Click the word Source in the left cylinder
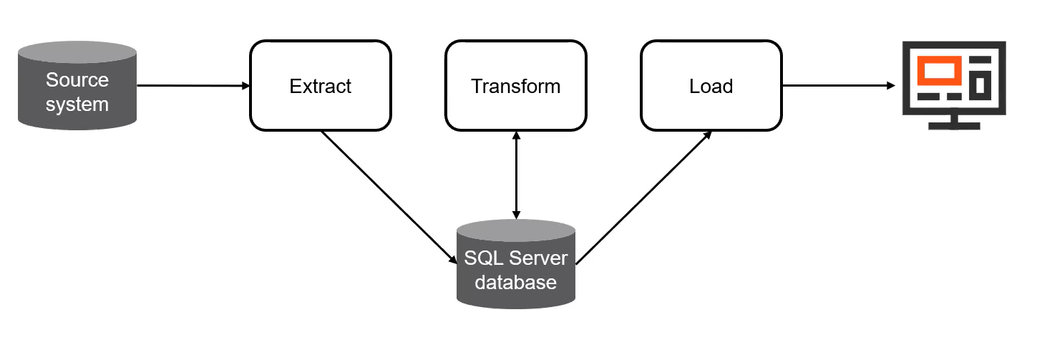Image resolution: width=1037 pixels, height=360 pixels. tap(77, 79)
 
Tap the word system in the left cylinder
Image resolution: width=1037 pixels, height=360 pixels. tap(77, 104)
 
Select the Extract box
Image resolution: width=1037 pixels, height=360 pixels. tap(320, 87)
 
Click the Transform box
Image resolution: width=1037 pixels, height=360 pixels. tap(515, 87)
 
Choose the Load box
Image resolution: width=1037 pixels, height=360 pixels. tap(711, 87)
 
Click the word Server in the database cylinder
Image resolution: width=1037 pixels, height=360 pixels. tap(537, 258)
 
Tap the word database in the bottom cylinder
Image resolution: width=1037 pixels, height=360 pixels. tap(515, 283)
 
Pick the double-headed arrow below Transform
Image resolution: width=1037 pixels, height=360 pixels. tap(515, 175)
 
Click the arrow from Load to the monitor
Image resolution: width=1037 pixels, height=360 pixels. tap(837, 86)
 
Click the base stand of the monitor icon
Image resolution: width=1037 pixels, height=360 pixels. tap(954, 126)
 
